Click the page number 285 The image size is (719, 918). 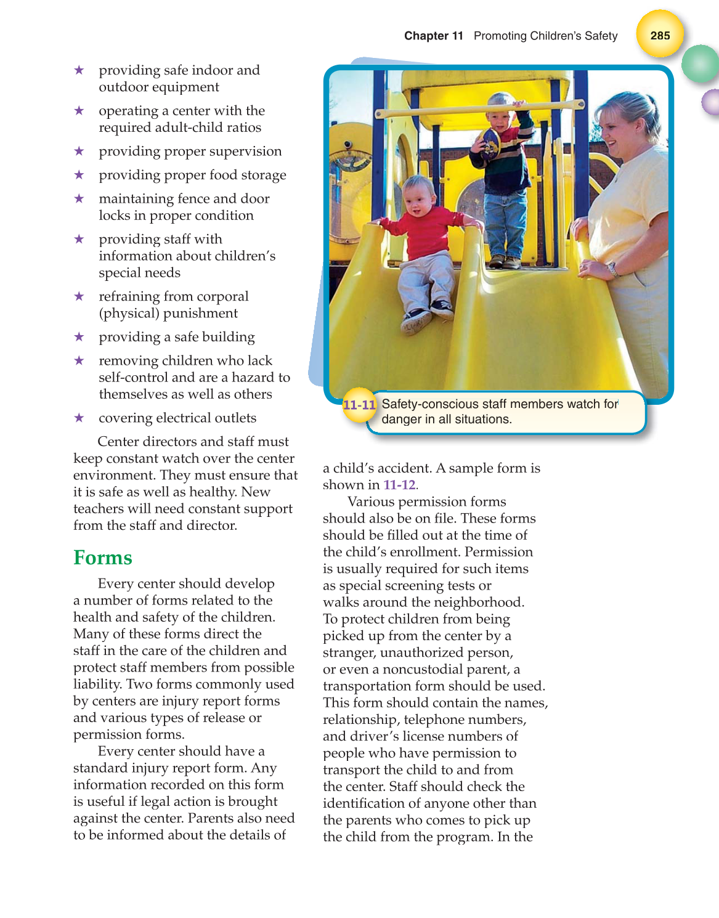coord(660,35)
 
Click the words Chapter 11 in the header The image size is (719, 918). coord(433,36)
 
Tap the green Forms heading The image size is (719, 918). coord(103,558)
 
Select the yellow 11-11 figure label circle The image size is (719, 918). coord(359,405)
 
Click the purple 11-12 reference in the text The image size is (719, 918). coord(399,485)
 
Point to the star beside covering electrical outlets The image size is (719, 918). coord(79,418)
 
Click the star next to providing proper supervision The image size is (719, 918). coord(79,151)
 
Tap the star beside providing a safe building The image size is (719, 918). coord(79,336)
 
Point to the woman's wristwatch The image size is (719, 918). coord(612,269)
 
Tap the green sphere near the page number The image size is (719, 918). coord(701,64)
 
